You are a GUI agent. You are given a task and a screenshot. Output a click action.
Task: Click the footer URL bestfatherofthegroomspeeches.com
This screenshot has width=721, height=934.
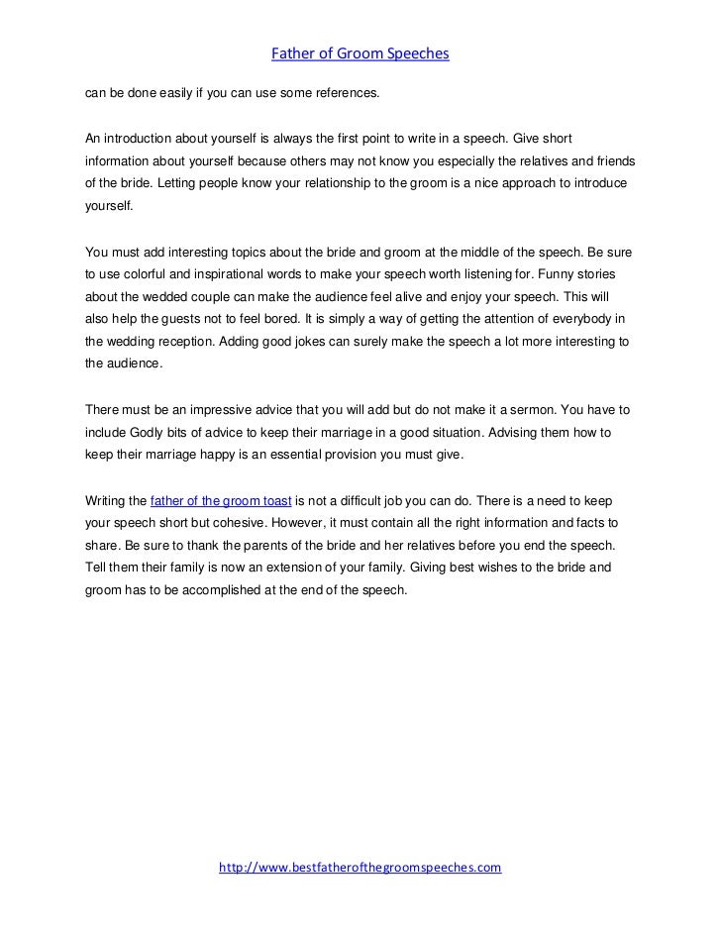point(360,867)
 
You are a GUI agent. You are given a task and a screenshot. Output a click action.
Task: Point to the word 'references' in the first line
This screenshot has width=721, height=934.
point(344,93)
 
